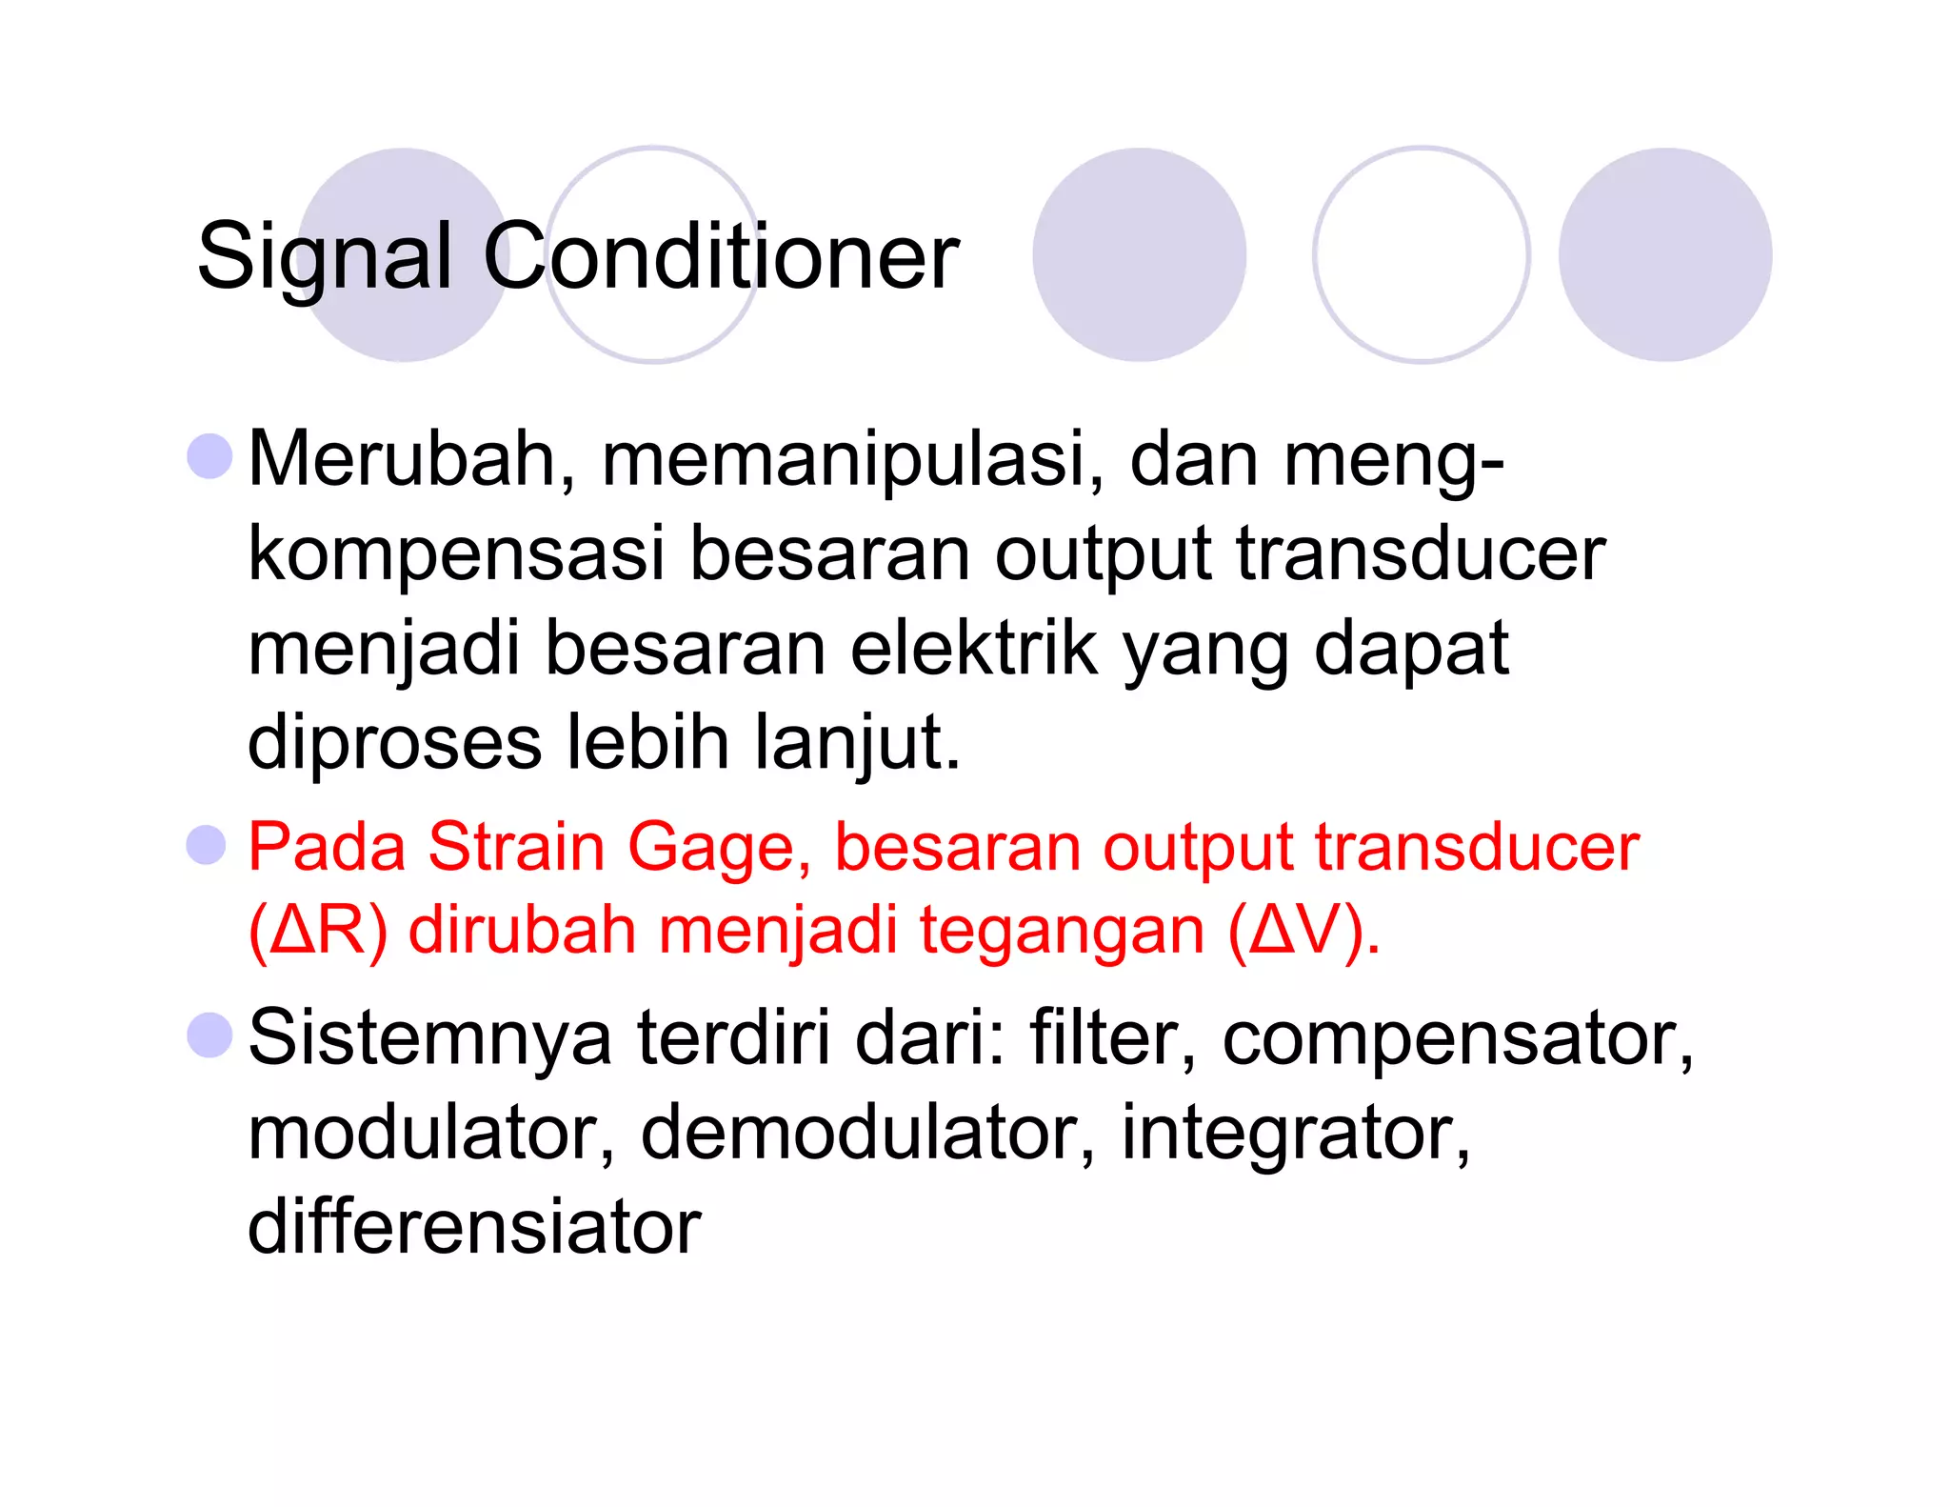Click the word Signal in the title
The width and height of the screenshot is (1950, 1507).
point(324,257)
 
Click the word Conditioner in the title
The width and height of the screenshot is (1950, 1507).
point(721,257)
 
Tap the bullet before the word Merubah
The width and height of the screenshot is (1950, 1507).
point(210,456)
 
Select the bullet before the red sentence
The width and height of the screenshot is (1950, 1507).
point(207,845)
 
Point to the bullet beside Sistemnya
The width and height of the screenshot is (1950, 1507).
point(210,1035)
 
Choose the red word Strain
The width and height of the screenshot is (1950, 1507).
point(516,847)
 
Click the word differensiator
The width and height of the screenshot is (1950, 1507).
point(474,1227)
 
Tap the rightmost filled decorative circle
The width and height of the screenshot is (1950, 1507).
point(1664,254)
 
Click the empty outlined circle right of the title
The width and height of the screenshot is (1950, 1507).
point(1421,254)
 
